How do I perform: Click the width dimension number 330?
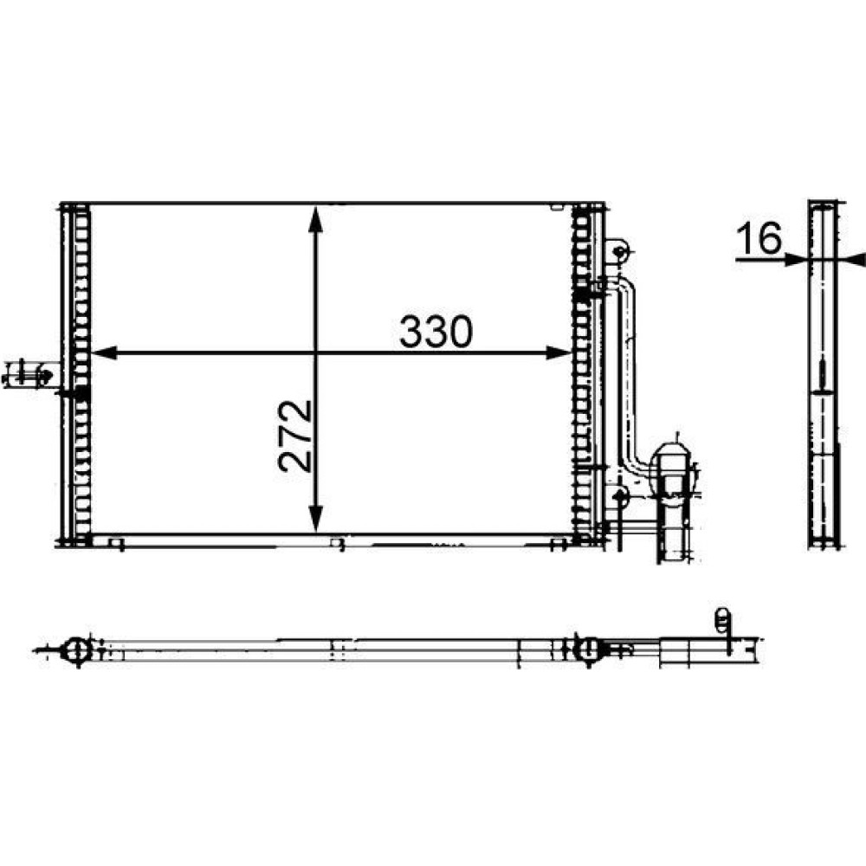click(x=436, y=332)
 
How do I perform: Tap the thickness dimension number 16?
click(x=759, y=237)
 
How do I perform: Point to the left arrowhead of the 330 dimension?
click(x=104, y=352)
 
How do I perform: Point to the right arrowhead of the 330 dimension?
click(x=559, y=352)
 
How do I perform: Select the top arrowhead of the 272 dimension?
click(x=315, y=219)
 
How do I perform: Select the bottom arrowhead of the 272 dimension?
click(x=315, y=519)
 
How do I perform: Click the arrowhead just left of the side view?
click(x=796, y=258)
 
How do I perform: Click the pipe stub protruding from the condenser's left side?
click(x=31, y=375)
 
